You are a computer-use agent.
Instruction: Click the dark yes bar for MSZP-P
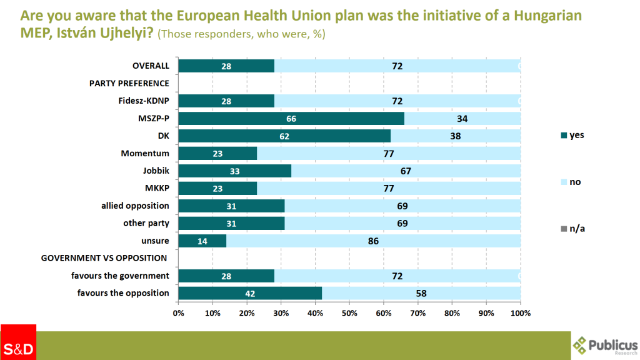291,118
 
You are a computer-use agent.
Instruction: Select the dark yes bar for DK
284,136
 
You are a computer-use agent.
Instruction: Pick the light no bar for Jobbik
406,171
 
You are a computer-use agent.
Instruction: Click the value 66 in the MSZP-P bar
291,118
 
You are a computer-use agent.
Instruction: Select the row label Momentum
146,153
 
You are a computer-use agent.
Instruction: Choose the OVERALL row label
151,66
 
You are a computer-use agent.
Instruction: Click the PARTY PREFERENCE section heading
129,83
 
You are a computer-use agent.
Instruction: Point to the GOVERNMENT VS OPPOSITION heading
104,258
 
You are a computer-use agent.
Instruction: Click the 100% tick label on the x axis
520,312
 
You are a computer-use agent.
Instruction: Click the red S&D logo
18,342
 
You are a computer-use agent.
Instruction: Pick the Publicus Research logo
605,345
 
